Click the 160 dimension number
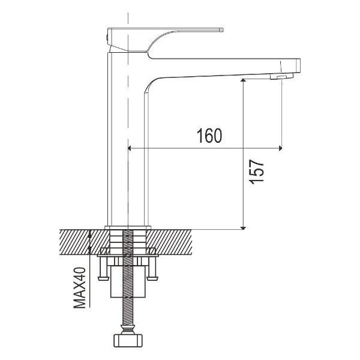click(x=209, y=136)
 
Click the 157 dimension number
click(x=256, y=172)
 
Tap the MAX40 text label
click(x=80, y=287)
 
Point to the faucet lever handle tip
click(x=222, y=29)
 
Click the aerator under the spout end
click(x=282, y=76)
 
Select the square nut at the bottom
click(x=128, y=340)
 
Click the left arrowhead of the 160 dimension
click(x=129, y=148)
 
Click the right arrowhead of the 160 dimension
click(x=280, y=148)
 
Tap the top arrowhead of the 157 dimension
click(x=244, y=80)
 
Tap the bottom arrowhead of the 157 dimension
click(x=244, y=228)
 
